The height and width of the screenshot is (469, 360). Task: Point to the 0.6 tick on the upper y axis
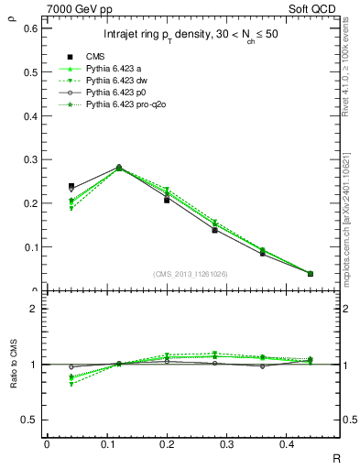(29, 28)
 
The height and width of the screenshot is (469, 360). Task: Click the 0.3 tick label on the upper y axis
(29, 159)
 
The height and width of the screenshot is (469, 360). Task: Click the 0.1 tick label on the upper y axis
(29, 247)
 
